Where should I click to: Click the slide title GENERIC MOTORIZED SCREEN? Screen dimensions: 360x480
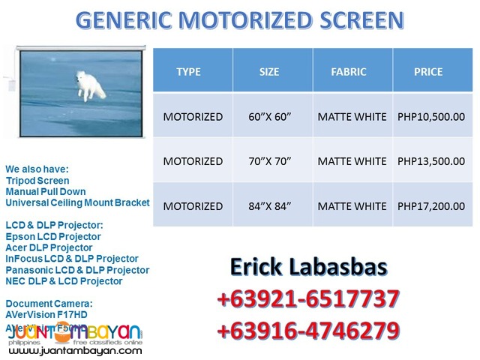coord(240,20)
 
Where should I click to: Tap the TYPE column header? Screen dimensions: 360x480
coord(188,72)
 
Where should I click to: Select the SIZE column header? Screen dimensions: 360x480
coord(268,72)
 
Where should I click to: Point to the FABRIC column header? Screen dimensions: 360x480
coord(349,72)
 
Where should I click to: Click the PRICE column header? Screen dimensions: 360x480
coord(428,72)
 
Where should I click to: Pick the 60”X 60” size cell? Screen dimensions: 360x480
coord(270,116)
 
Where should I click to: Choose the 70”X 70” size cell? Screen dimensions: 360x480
coord(270,161)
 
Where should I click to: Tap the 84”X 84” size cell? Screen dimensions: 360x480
coord(270,205)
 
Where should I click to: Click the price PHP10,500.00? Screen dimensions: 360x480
coord(431,116)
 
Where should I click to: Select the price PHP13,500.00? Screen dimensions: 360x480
coord(431,161)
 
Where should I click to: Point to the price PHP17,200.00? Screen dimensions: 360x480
coord(431,205)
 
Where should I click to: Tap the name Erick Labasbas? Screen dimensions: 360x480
coord(308,268)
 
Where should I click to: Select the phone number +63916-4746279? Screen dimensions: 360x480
coord(308,331)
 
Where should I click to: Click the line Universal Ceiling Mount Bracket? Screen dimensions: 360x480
coord(77,202)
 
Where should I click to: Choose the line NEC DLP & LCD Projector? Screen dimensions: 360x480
coord(64,281)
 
